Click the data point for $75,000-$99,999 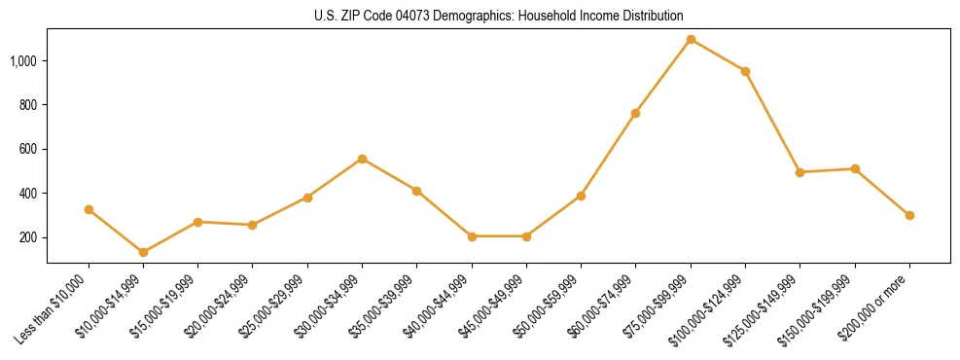click(691, 40)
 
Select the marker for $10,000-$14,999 click(144, 252)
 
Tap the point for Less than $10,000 click(89, 209)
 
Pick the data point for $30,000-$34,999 click(363, 159)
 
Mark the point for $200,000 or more click(909, 215)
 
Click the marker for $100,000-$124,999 click(745, 71)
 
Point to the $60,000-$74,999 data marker click(636, 113)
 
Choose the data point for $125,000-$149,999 click(800, 172)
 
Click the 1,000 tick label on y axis click(24, 60)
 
